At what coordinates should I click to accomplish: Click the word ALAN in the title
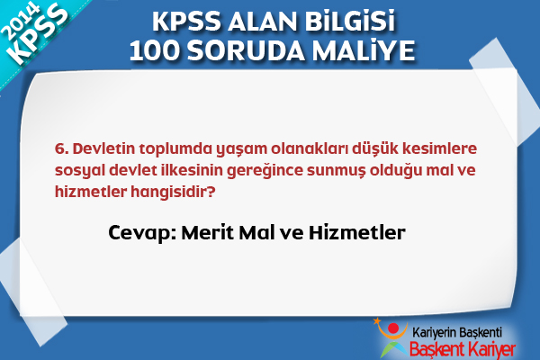tap(261, 22)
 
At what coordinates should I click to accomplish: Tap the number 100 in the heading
tap(154, 50)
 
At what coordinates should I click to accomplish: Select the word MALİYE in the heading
tap(364, 50)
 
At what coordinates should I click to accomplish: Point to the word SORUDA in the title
tap(246, 50)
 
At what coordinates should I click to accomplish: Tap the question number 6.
tap(61, 148)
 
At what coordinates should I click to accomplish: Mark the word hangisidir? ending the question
tap(173, 193)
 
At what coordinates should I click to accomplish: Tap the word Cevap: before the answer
tap(142, 233)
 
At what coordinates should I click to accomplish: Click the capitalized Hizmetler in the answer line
tap(357, 232)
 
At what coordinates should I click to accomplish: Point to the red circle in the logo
tap(393, 328)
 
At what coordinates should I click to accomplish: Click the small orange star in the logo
tap(377, 321)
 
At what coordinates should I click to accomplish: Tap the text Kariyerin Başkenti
tap(457, 333)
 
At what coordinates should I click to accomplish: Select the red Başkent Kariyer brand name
tap(463, 350)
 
